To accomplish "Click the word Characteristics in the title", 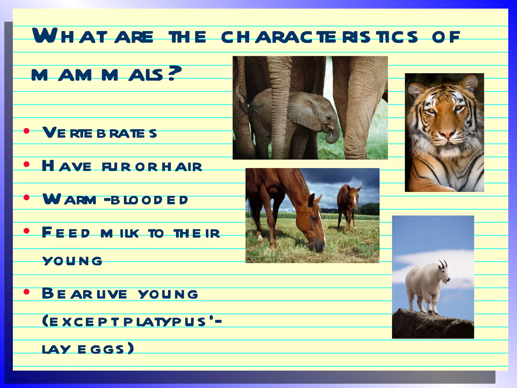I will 319,37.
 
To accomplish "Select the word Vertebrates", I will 100,133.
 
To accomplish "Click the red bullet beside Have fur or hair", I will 27,165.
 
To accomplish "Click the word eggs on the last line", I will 101,350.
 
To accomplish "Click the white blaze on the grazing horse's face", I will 322,227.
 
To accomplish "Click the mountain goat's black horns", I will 443,264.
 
